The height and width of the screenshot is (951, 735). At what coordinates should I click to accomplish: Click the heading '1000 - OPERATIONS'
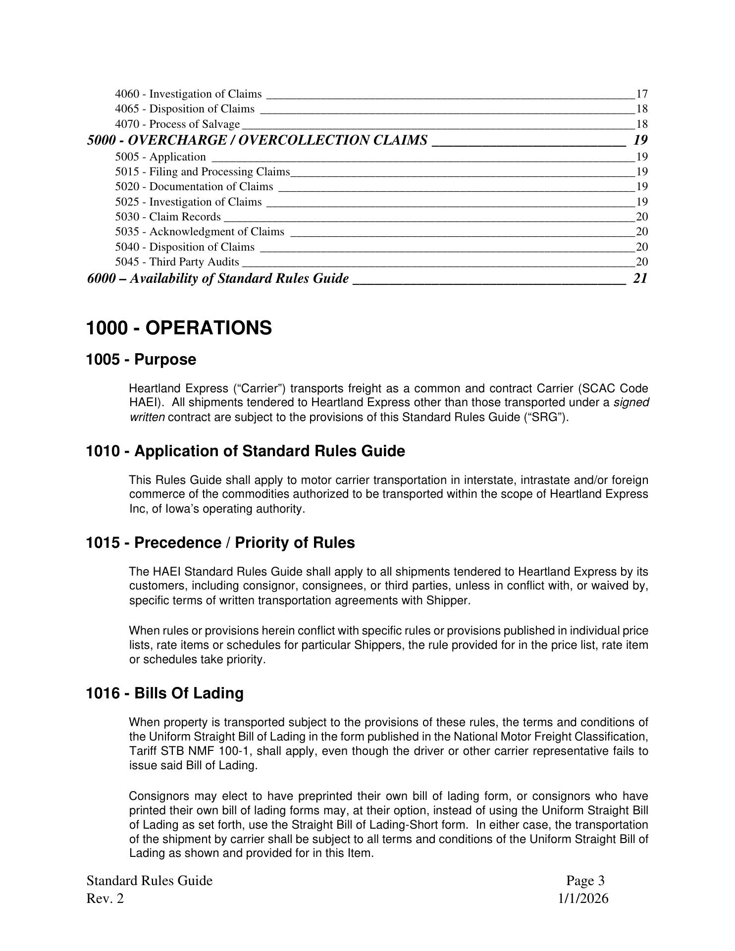[x=179, y=328]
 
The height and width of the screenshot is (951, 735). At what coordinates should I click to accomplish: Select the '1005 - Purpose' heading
[x=141, y=360]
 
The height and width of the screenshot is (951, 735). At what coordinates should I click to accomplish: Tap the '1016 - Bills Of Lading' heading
[x=165, y=693]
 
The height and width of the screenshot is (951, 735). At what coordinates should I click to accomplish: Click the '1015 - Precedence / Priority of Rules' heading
[x=220, y=543]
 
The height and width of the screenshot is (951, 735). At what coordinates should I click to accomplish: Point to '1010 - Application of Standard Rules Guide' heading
[x=246, y=451]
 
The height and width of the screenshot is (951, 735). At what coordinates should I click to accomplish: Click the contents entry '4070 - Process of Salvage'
[x=177, y=124]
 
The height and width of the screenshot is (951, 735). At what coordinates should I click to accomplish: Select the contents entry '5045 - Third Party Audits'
[x=177, y=262]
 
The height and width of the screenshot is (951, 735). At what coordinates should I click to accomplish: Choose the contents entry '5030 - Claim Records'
[x=168, y=216]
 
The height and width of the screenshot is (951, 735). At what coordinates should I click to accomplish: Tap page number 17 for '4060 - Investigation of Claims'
[x=642, y=94]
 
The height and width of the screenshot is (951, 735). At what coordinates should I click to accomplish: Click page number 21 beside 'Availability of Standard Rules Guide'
[x=640, y=278]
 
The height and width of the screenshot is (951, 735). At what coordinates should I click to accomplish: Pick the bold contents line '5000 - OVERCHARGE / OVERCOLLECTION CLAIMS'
[x=257, y=140]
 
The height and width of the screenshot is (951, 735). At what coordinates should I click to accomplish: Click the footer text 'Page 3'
[x=585, y=881]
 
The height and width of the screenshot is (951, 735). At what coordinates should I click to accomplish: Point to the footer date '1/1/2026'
[x=583, y=898]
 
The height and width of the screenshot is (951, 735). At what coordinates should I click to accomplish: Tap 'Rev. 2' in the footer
[x=105, y=898]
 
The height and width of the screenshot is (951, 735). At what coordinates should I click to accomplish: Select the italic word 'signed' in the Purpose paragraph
[x=631, y=403]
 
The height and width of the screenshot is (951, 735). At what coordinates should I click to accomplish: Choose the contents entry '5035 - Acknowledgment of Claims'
[x=200, y=231]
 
